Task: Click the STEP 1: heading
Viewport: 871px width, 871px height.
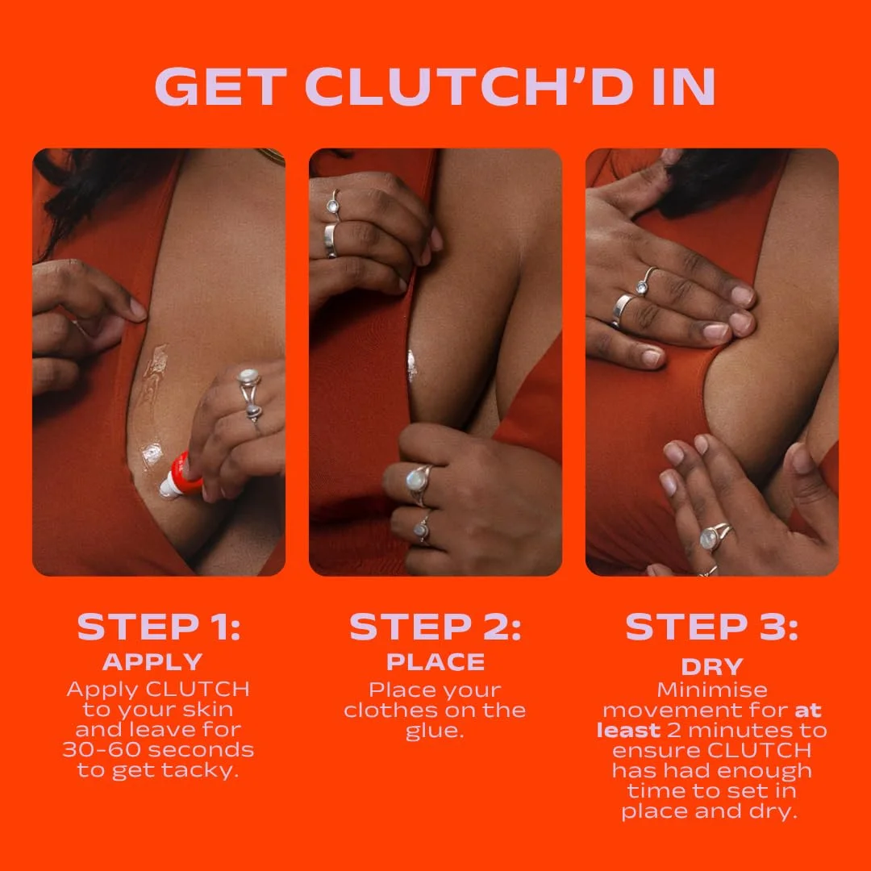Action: (x=158, y=627)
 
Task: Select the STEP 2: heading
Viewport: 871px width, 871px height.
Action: (x=435, y=627)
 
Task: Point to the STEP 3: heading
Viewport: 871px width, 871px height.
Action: (x=711, y=627)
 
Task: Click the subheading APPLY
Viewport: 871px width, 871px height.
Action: (x=152, y=662)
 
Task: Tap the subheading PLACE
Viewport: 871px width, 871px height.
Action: (x=435, y=662)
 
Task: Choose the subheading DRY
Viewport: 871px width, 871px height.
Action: (x=711, y=667)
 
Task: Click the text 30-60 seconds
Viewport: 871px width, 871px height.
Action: (x=158, y=749)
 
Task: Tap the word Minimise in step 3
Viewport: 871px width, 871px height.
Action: (x=711, y=690)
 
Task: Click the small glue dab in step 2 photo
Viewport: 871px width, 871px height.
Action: (x=412, y=365)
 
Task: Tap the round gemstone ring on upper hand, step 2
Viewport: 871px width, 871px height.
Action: (x=333, y=206)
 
